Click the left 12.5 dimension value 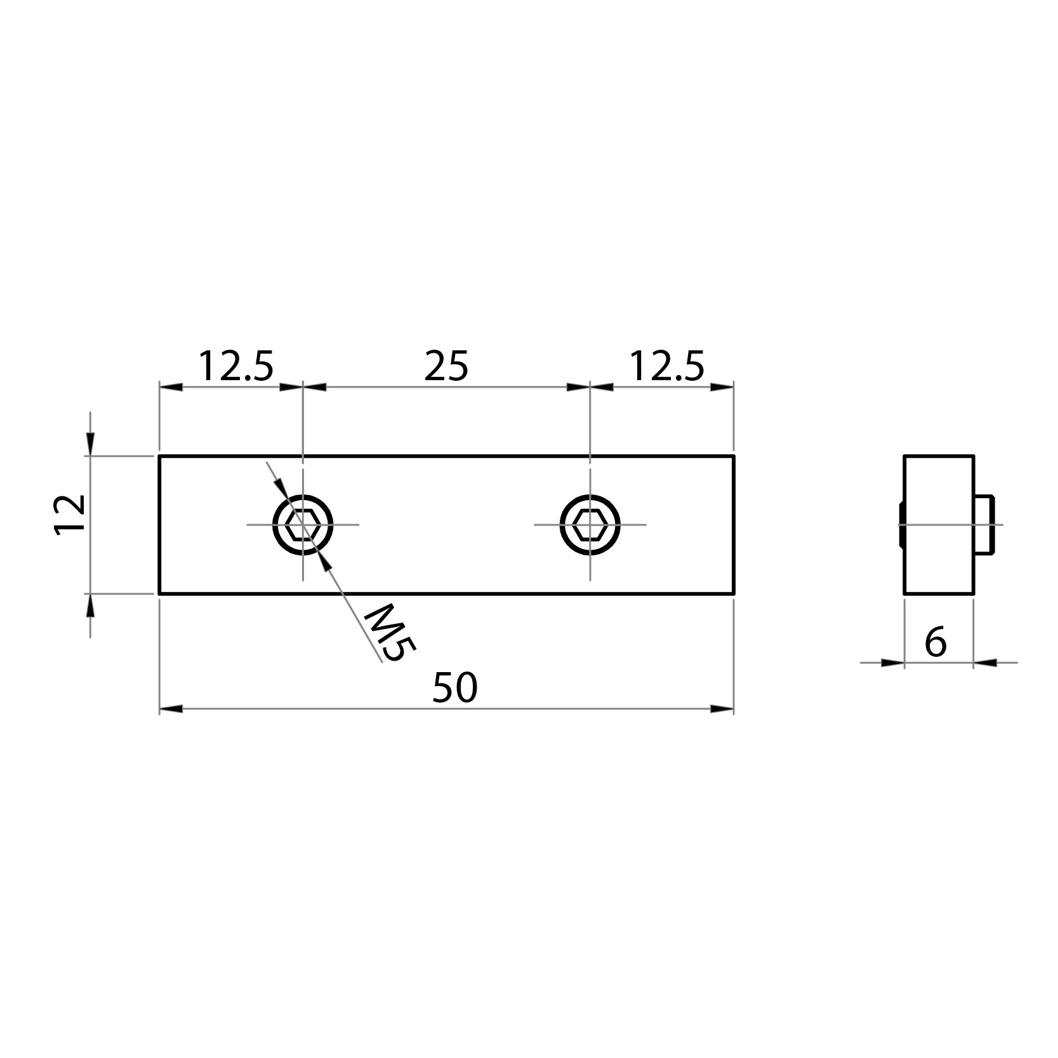236,367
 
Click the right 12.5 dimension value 666,367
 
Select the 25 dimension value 446,367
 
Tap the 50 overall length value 454,689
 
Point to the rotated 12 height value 71,515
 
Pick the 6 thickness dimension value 936,642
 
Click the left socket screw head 303,525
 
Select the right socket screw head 590,525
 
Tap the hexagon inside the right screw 590,525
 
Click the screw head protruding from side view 984,524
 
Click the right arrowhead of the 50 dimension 722,708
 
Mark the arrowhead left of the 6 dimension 892,663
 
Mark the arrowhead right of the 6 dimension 985,663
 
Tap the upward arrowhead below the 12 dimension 90,606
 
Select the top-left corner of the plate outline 159,456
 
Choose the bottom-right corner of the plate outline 733,593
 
